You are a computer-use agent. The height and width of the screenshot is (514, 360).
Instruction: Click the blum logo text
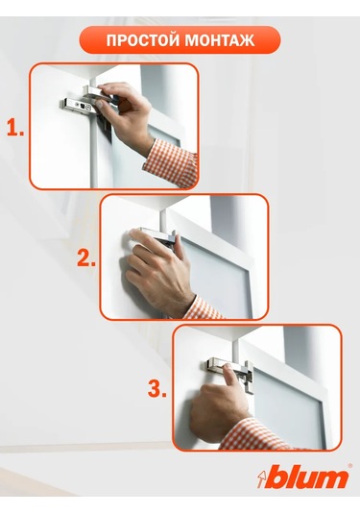point(306,477)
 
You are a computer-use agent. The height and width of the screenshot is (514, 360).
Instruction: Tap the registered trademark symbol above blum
point(348,465)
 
